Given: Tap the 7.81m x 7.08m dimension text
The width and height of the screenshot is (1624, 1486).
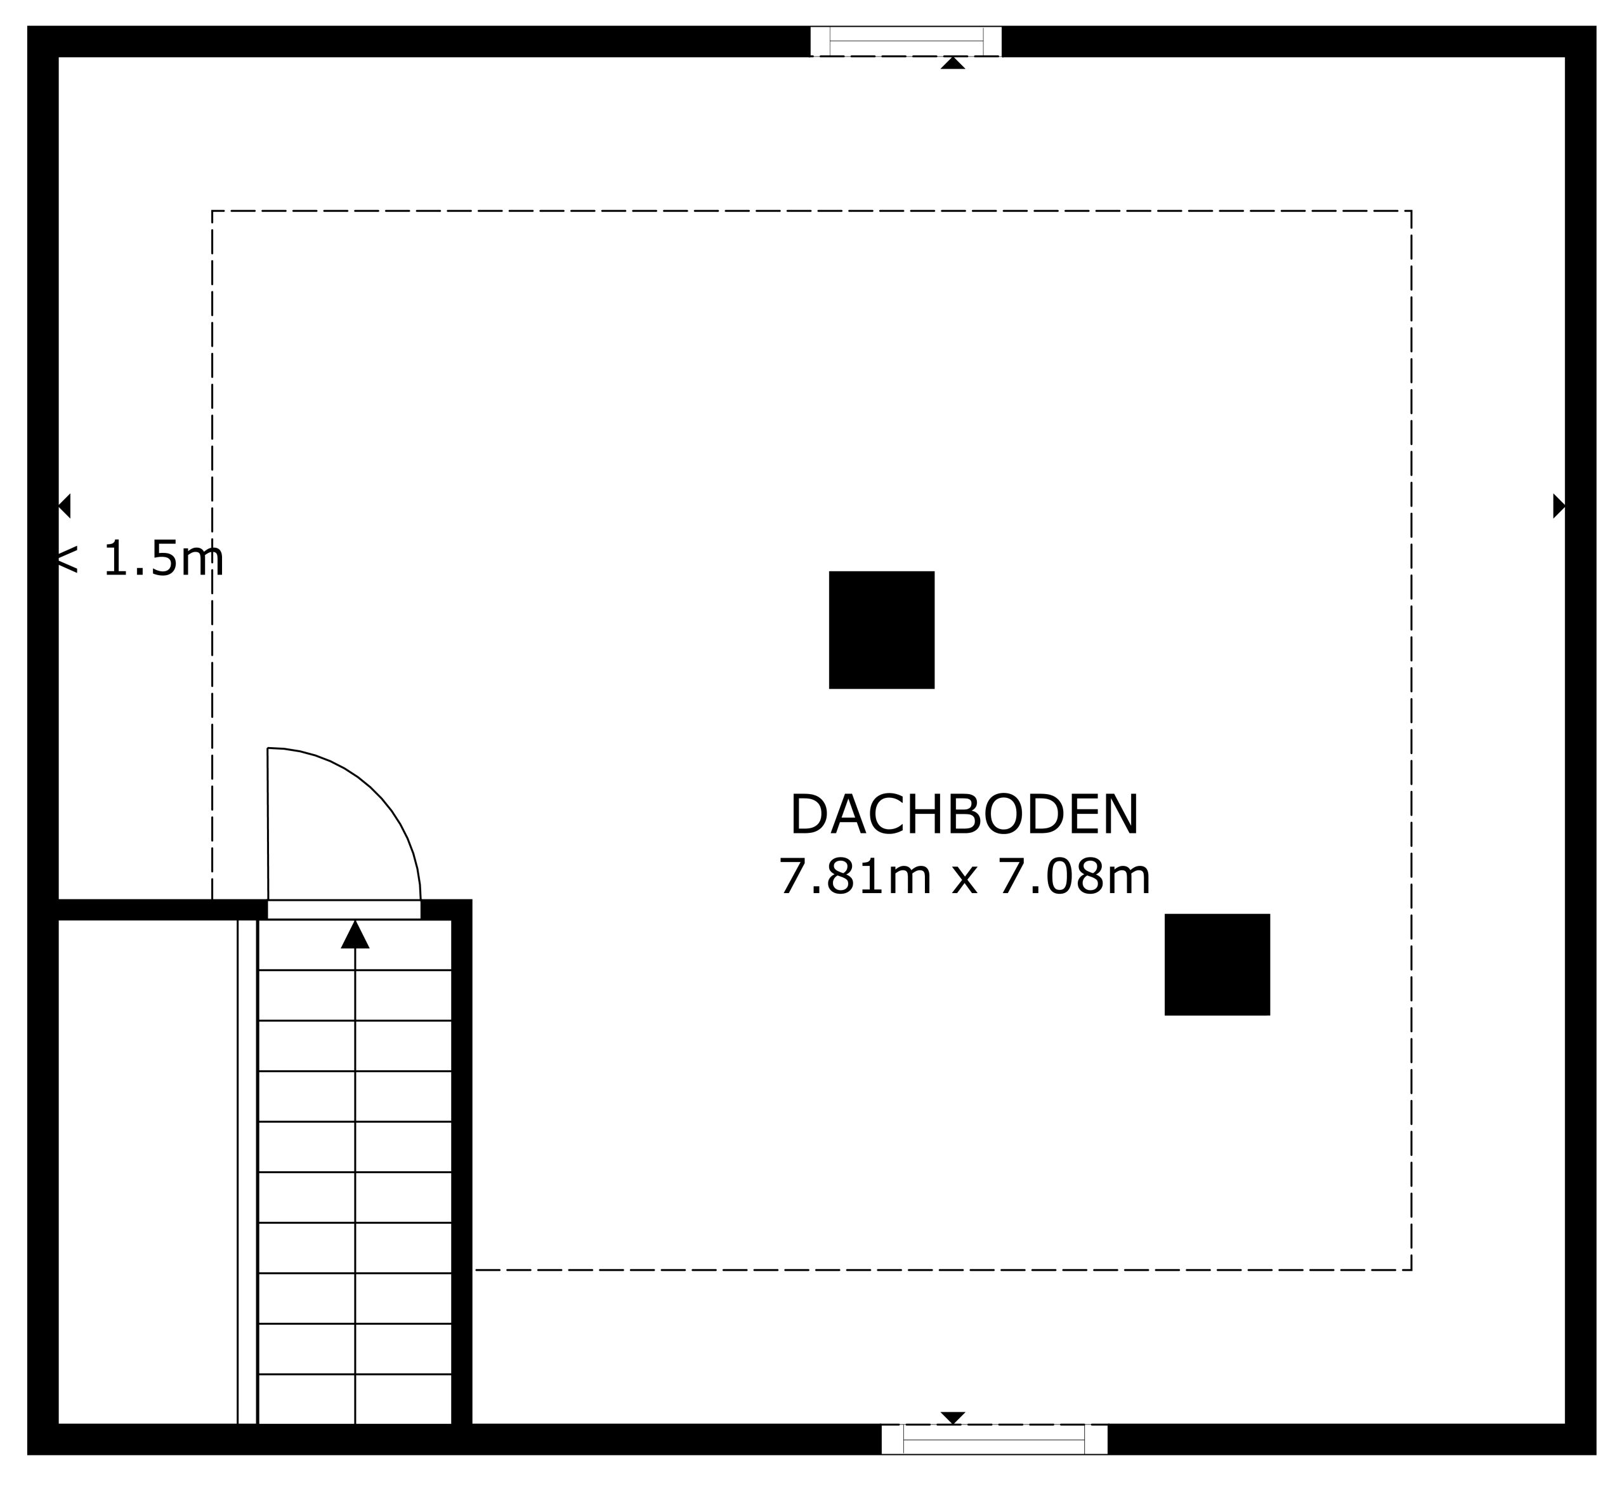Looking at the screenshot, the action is pos(964,877).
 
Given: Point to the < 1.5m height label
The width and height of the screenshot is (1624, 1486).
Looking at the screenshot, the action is pos(138,559).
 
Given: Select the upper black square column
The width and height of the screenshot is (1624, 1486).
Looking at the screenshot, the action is pos(881,630).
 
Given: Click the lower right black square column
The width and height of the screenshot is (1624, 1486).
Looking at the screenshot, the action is pos(1217,965).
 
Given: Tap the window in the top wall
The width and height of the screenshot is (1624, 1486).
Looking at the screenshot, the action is pos(907,41).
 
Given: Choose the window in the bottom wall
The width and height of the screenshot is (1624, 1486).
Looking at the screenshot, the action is pos(994,1439).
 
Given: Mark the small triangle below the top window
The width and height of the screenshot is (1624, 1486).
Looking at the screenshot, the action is pos(953,63).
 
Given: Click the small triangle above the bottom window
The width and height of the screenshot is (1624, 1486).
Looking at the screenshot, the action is pos(953,1418).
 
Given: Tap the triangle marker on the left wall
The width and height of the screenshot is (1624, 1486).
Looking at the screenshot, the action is pos(65,505).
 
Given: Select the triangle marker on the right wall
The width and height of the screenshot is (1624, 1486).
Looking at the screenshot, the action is pos(1559,505).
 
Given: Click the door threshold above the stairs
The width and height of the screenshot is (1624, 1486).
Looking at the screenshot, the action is pos(344,910).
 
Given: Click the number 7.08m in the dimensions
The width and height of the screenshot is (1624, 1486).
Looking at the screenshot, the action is pos(1075,877).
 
